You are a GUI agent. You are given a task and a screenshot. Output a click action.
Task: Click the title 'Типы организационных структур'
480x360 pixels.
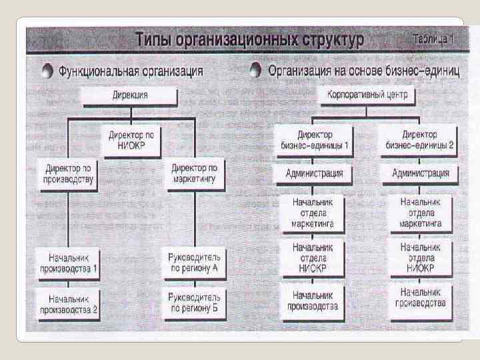point(249,39)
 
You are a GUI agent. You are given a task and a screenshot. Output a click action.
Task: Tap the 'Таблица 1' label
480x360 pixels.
point(433,39)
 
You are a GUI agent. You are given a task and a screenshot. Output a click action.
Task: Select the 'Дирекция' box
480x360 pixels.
point(129,96)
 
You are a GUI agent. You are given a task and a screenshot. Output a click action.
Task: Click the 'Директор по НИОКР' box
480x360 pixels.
point(131,139)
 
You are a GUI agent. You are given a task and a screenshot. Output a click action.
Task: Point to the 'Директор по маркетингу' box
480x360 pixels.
point(195,173)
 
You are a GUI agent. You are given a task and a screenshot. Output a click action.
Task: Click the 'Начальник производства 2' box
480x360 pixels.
point(69,303)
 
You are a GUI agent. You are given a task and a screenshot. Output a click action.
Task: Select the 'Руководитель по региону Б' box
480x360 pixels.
point(195,303)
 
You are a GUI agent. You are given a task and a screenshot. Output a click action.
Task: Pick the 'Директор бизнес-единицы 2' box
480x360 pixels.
point(420,139)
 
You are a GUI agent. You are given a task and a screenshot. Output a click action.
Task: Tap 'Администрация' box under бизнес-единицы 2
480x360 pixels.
point(421,173)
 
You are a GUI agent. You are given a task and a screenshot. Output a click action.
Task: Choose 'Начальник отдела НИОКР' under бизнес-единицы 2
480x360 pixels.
point(421,257)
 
